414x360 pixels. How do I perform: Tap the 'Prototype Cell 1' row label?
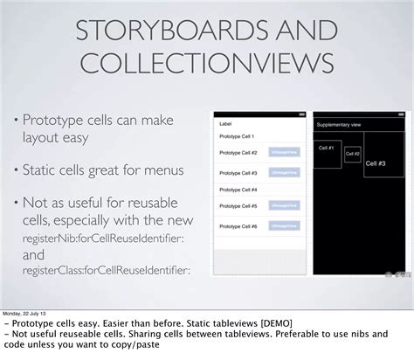pos(237,136)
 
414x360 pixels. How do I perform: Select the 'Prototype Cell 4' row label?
pos(238,189)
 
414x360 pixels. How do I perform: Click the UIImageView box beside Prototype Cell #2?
pos(283,152)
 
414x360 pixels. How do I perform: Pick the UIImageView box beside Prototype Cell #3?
pos(283,170)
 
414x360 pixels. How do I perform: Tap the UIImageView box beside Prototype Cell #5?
pos(283,207)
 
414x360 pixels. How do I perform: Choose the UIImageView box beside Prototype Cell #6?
pos(283,226)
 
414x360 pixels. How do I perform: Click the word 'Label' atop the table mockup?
pos(225,123)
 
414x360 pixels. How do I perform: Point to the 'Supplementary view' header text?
pos(338,124)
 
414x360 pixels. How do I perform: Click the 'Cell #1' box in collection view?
pos(328,149)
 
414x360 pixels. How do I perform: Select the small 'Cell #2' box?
pos(352,154)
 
